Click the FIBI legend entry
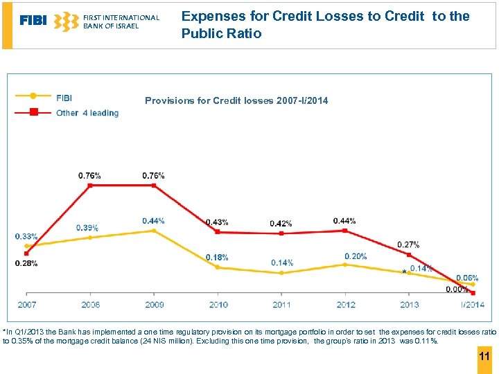tap(64, 98)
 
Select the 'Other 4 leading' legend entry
tap(87, 113)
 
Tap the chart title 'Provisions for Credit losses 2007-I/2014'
tap(236, 101)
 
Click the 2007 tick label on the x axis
tap(27, 305)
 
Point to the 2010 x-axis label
tap(218, 305)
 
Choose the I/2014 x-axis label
tap(473, 305)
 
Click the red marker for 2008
tap(89, 185)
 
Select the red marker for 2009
tap(153, 185)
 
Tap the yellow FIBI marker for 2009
tap(153, 231)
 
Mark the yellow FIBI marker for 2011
tap(281, 273)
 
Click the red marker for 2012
tap(345, 231)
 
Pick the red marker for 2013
tap(409, 255)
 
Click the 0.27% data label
tap(408, 244)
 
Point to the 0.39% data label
tap(87, 228)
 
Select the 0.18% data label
tap(217, 258)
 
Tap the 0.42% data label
tap(281, 224)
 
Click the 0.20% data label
tap(356, 256)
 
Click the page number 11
tap(484, 357)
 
